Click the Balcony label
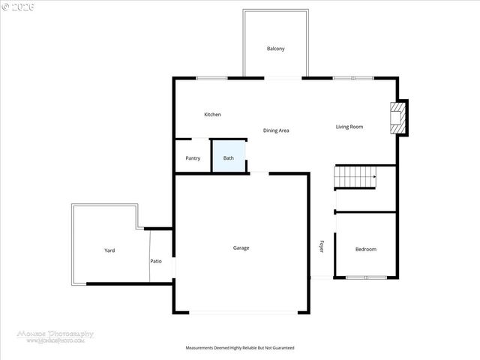[x=275, y=49]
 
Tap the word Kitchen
[x=212, y=115]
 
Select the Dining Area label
[x=276, y=130]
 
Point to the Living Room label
[x=349, y=127]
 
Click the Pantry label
[x=193, y=158]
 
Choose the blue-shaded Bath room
[x=229, y=157]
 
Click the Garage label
[x=241, y=247]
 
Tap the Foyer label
[x=322, y=246]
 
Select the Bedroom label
[x=365, y=249]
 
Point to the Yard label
[x=109, y=250]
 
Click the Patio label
[x=156, y=261]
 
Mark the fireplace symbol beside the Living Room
[x=396, y=118]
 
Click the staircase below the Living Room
[x=355, y=178]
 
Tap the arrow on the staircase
[x=373, y=178]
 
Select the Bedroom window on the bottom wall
[x=366, y=277]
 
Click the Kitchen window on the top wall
[x=211, y=78]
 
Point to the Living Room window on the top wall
[x=352, y=78]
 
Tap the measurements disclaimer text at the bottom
[x=240, y=348]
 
